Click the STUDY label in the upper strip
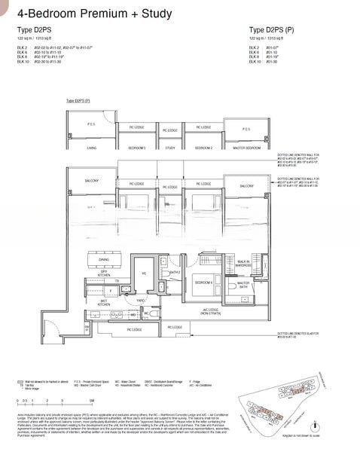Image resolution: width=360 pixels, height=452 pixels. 170,148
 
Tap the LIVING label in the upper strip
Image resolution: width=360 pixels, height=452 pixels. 91,148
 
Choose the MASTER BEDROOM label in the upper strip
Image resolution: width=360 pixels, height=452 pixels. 246,148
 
